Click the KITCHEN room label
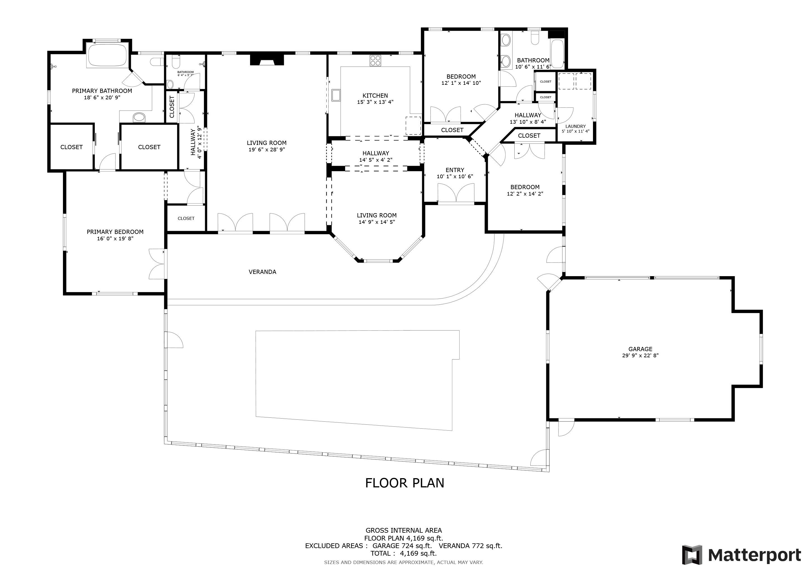tap(375, 96)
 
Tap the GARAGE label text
tap(640, 349)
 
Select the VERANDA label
tap(262, 272)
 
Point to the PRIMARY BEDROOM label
tap(115, 232)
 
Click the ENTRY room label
tap(455, 170)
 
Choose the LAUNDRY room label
tap(575, 126)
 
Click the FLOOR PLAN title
tap(405, 483)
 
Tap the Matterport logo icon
tap(692, 555)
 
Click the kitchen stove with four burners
tap(375, 61)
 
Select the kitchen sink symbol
tap(336, 95)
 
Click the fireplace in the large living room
tap(267, 60)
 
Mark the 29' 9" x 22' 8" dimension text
tap(640, 356)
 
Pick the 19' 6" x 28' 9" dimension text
tap(267, 150)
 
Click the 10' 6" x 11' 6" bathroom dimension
tap(533, 67)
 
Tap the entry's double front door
tap(456, 194)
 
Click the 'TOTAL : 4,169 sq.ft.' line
tap(404, 554)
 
